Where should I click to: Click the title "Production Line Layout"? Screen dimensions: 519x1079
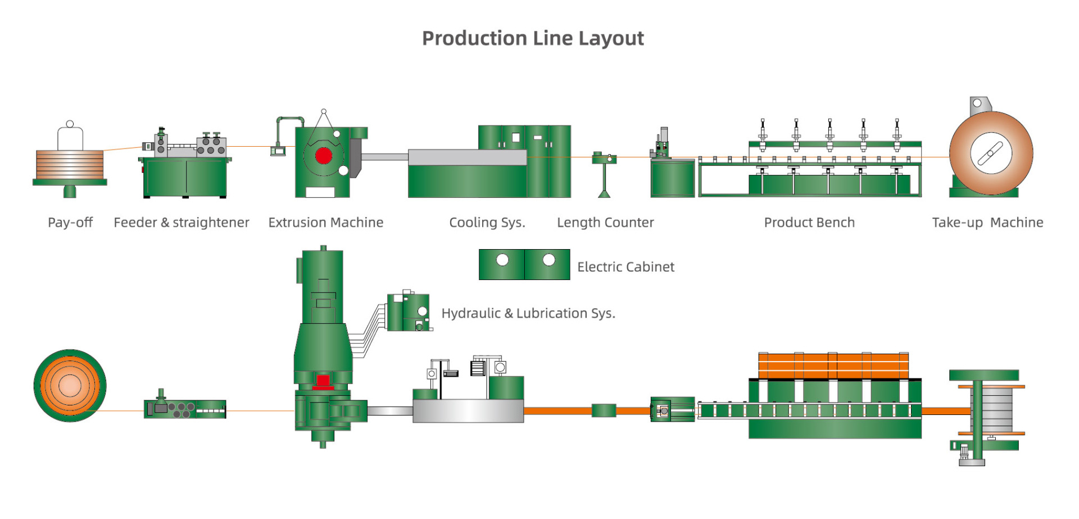click(x=533, y=38)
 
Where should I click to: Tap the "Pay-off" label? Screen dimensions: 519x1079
click(x=70, y=223)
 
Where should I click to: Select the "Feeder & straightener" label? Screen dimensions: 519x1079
click(x=181, y=223)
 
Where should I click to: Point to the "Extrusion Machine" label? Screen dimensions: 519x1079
click(x=325, y=223)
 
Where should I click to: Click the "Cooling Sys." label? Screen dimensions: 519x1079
click(x=487, y=223)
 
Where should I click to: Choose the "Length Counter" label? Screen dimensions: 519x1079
click(x=605, y=223)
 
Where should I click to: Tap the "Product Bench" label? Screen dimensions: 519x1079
click(x=809, y=223)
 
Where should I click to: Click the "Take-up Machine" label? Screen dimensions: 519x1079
click(x=987, y=223)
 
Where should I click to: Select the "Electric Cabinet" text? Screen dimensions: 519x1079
click(x=625, y=267)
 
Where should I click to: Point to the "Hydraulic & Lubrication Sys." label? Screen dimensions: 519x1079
click(x=528, y=313)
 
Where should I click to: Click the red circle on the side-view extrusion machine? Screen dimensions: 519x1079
click(x=324, y=156)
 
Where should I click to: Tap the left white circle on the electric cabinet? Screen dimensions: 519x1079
click(x=502, y=260)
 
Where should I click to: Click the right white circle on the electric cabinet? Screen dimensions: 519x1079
click(x=548, y=260)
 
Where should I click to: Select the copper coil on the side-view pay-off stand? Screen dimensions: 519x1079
click(x=70, y=164)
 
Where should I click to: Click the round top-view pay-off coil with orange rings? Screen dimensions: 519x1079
click(x=70, y=386)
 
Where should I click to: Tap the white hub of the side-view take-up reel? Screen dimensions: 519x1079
click(x=991, y=153)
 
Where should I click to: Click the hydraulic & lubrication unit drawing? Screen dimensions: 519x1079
click(x=409, y=312)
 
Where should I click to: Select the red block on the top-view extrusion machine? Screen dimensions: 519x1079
click(x=323, y=382)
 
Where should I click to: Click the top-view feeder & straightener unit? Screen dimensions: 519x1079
click(x=185, y=409)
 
